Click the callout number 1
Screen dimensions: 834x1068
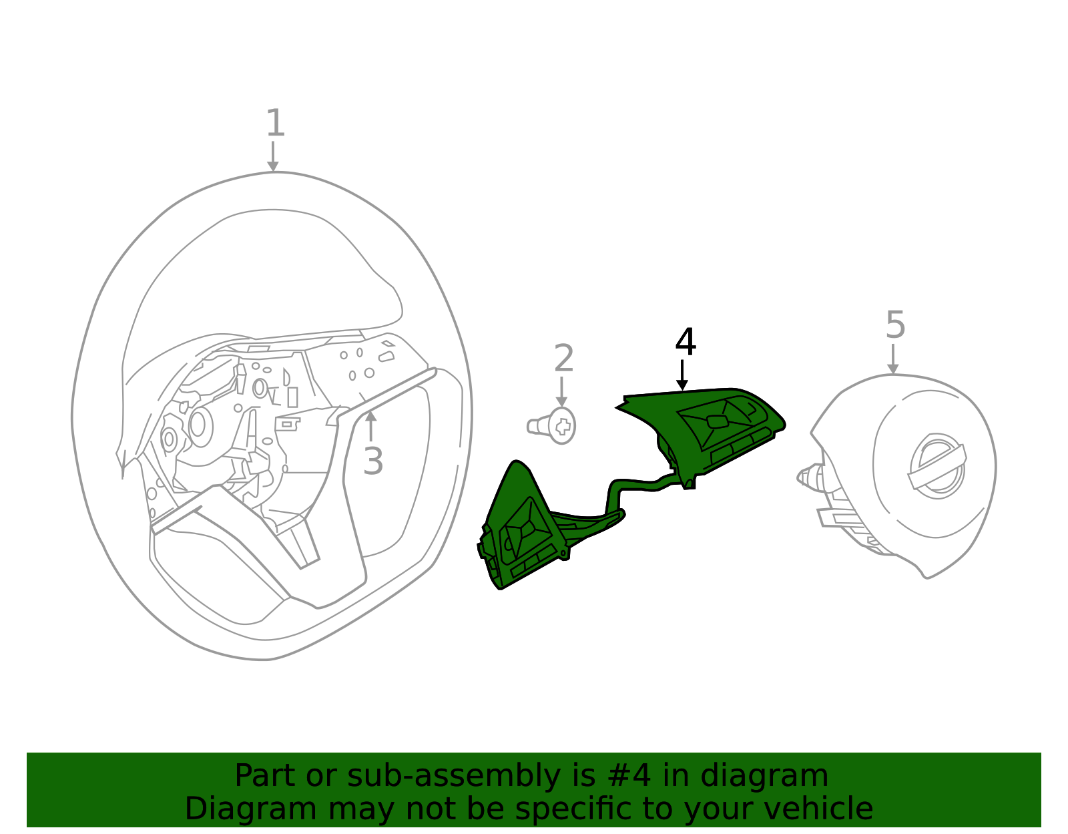(x=275, y=124)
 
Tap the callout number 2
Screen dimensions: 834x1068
(x=564, y=359)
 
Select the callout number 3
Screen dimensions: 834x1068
(x=373, y=461)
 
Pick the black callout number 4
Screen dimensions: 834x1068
(x=686, y=343)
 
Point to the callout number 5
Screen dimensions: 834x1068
(x=895, y=326)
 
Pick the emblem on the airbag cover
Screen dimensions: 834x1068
(x=937, y=466)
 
